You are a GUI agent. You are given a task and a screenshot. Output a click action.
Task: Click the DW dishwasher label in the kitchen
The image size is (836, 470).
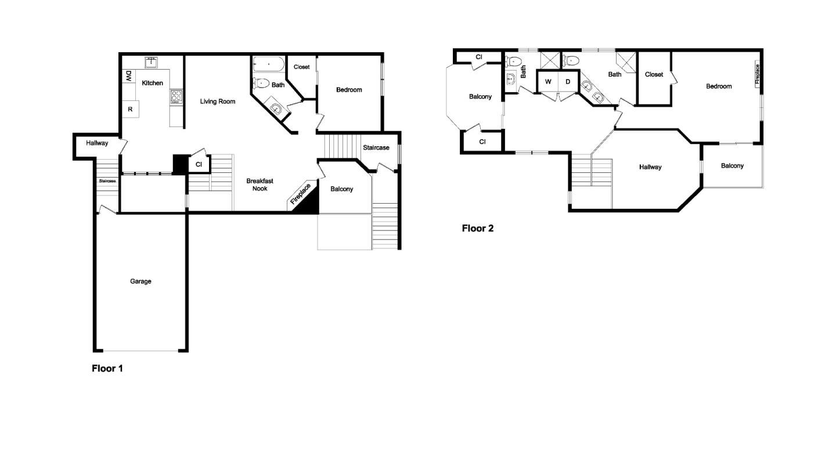tap(128, 76)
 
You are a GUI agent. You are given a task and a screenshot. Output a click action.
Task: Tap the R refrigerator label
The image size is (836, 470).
tap(130, 109)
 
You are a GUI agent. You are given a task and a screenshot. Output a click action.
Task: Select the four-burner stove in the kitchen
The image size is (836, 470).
tap(176, 96)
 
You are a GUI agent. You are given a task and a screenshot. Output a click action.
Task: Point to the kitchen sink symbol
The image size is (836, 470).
tap(152, 62)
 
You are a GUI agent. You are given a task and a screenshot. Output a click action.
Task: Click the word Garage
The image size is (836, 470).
tap(140, 281)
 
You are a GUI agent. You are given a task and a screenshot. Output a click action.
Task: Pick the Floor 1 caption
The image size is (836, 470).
tap(107, 368)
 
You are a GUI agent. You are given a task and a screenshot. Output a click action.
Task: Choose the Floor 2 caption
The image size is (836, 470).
tap(477, 228)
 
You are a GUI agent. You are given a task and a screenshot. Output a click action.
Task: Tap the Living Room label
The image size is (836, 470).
tap(218, 102)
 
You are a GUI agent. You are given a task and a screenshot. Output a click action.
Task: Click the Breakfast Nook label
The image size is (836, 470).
tap(260, 185)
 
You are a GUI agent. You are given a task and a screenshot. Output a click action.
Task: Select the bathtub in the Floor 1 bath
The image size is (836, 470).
tap(268, 64)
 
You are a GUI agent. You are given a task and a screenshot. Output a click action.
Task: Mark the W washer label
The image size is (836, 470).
tap(547, 82)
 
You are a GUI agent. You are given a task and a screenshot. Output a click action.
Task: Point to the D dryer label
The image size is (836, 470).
tap(568, 82)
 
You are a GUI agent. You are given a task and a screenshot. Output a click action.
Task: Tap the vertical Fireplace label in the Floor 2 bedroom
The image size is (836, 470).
tap(758, 74)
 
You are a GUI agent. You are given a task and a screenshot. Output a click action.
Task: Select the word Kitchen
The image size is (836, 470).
tap(153, 83)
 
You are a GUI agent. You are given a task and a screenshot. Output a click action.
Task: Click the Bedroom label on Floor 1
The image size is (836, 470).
tap(349, 89)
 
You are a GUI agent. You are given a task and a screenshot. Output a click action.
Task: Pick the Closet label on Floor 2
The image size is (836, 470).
tap(654, 74)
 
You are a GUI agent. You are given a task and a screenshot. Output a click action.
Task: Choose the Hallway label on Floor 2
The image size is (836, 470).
tap(650, 167)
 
